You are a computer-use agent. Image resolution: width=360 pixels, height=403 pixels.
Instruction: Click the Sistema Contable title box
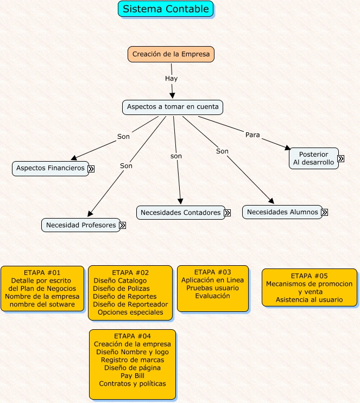point(166,9)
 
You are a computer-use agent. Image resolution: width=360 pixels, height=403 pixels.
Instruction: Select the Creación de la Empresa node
point(171,54)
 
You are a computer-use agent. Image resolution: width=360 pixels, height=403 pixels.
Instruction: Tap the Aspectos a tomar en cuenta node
point(173,107)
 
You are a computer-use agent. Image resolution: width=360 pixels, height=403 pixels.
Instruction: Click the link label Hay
point(171,79)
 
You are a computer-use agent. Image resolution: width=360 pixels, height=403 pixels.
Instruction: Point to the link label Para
point(252,135)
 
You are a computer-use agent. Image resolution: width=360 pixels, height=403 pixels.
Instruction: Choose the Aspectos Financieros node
point(50,168)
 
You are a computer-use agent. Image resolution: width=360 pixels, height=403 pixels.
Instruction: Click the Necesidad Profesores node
point(80,225)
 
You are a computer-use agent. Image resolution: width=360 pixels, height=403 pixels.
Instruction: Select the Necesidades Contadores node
point(180,213)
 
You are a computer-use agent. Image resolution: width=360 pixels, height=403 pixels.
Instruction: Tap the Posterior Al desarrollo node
point(314,158)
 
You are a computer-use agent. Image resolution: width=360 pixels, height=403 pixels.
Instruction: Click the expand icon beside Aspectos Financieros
point(91,169)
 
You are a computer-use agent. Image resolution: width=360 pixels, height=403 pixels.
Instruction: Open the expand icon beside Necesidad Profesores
point(123,225)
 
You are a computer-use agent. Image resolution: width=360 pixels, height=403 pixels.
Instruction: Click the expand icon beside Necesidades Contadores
point(227,213)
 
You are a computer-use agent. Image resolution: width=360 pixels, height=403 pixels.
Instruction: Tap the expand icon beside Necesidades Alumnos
point(324,213)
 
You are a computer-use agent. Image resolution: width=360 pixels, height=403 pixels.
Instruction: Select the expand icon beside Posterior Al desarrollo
point(340,159)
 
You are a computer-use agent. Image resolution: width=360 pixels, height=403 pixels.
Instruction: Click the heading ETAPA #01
point(42,272)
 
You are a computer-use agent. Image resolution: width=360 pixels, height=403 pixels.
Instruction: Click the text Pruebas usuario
point(212,288)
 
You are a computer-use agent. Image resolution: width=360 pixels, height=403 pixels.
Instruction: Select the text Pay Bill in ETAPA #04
point(132,375)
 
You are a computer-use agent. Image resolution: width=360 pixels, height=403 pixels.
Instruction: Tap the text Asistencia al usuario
point(309,299)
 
